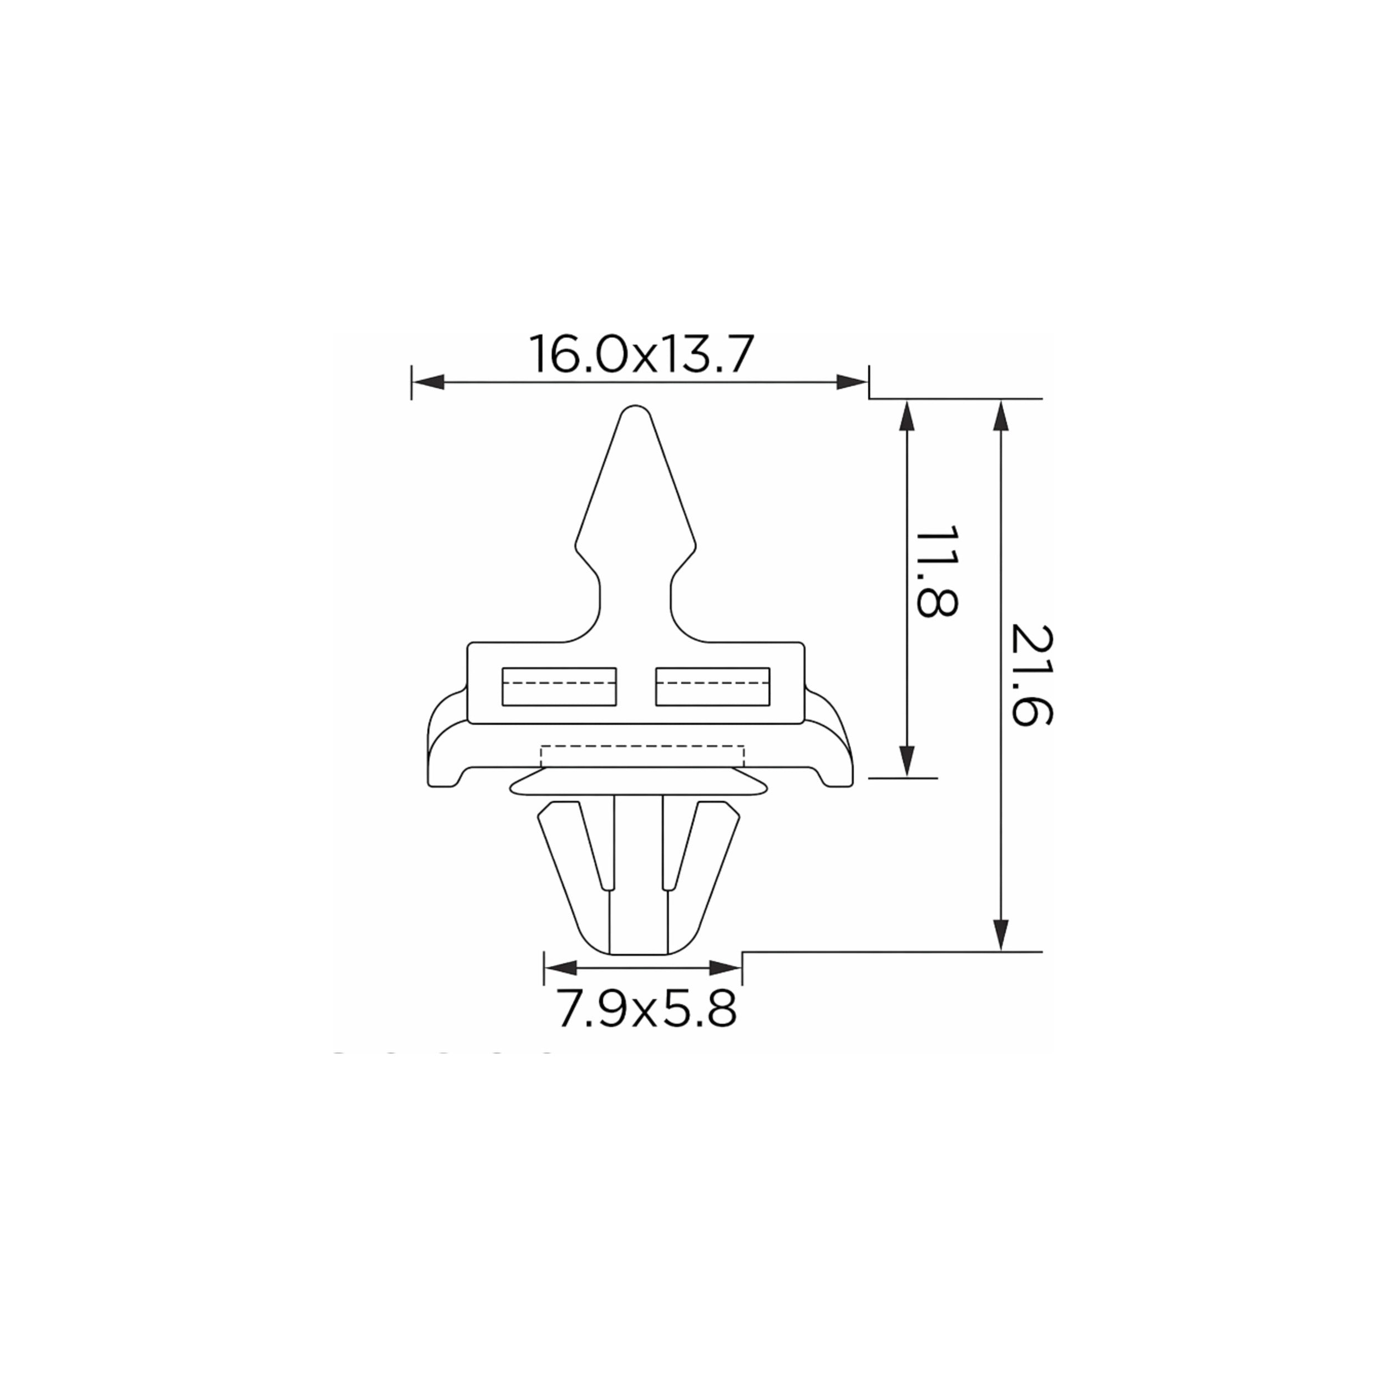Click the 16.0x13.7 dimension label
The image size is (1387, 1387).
click(x=641, y=353)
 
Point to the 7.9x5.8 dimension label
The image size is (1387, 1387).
click(x=647, y=1009)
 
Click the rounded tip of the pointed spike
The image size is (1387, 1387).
click(x=635, y=409)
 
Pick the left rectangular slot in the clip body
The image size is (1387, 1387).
click(x=559, y=686)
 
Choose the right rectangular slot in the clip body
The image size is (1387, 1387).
click(x=713, y=686)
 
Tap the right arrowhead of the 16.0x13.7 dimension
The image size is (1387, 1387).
click(x=852, y=382)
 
